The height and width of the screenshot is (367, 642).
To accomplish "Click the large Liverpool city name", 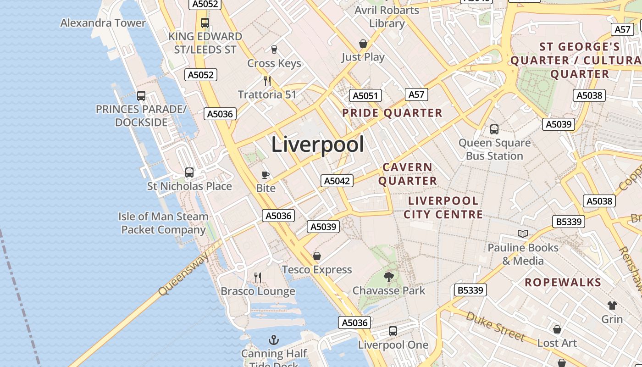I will [317, 145].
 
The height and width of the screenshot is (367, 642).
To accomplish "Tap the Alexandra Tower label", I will [103, 23].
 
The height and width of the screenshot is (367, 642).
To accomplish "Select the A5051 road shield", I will [365, 95].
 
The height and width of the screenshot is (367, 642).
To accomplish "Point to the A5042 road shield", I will [337, 181].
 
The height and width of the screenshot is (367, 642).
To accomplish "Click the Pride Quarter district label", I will [393, 113].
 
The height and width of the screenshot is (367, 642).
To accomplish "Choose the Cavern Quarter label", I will [407, 174].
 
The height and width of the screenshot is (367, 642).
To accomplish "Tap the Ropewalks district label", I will [563, 282].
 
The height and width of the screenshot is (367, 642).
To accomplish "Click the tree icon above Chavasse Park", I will [389, 277].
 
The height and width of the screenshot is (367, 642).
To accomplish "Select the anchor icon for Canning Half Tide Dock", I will [274, 340].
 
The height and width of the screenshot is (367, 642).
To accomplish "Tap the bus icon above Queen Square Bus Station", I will [494, 129].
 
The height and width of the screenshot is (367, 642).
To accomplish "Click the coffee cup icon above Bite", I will [265, 175].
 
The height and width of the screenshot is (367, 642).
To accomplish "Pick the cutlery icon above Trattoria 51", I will [267, 81].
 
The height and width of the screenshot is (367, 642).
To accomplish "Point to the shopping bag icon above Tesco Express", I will [317, 256].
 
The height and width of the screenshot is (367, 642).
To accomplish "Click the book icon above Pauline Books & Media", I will [523, 234].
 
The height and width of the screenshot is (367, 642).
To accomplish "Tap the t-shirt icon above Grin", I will [612, 306].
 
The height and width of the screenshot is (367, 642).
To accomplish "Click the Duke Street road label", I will [495, 326].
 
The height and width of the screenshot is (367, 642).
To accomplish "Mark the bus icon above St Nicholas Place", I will [189, 172].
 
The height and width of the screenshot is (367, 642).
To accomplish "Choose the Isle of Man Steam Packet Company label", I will [163, 223].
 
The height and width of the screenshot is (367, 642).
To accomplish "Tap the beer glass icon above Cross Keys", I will [274, 50].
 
